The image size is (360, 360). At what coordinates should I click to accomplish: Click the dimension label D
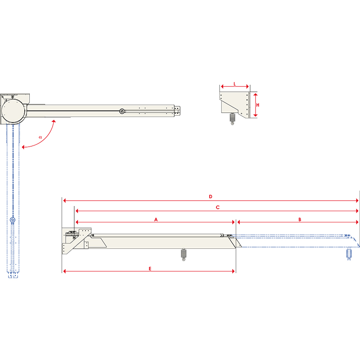210,197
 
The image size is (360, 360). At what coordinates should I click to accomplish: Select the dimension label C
217,207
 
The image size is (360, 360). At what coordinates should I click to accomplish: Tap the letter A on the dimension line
156,219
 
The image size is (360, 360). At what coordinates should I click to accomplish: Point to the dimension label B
300,219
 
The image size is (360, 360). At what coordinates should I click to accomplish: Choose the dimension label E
150,268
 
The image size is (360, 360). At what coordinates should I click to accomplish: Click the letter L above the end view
234,84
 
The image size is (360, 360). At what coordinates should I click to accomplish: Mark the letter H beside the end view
258,104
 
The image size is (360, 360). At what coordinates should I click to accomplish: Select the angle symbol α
40,136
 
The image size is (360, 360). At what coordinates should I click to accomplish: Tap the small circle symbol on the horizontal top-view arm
121,111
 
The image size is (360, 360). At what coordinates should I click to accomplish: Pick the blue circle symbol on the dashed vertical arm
12,220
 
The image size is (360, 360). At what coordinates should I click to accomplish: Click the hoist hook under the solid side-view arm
183,255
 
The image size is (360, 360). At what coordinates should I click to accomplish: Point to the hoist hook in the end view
232,119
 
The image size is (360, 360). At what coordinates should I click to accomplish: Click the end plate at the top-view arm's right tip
178,111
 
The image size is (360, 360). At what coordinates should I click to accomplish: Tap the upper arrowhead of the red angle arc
53,121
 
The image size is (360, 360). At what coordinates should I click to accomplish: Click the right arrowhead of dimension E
234,271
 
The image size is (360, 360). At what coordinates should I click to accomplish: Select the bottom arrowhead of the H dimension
255,116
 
